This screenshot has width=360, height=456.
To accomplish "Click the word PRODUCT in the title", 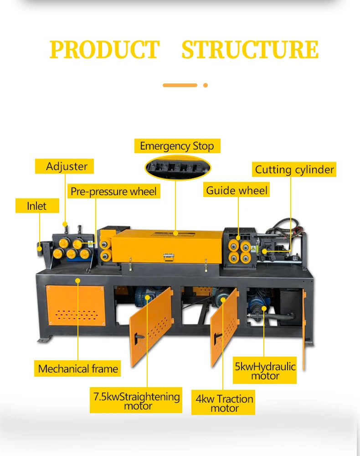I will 104,50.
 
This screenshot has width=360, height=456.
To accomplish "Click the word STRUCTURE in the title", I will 250,50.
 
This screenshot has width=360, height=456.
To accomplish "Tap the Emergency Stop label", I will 177,146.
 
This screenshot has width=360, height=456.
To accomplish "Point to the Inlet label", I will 36,206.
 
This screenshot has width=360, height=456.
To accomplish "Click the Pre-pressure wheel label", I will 113,192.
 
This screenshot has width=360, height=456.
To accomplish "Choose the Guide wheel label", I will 237,190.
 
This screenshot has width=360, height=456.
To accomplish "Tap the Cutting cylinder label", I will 294,170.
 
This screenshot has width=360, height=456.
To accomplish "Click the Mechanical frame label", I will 78,369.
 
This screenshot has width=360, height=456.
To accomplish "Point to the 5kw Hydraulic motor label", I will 265,371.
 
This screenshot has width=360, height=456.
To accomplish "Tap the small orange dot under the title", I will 206,85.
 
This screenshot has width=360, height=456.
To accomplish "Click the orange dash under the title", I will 180,85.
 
